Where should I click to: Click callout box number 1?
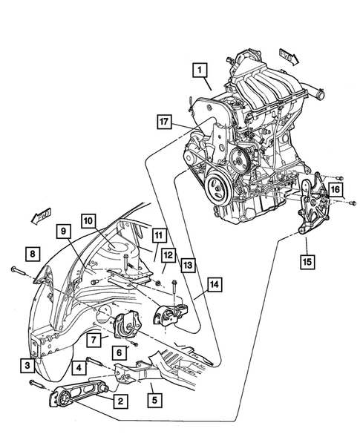(x=198, y=71)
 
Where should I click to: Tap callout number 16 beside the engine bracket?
(x=336, y=191)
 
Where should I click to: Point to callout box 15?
(x=307, y=260)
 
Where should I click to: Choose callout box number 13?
(x=188, y=264)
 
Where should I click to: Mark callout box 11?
(x=158, y=235)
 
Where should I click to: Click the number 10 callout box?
(x=88, y=221)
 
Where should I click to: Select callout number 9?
(x=65, y=232)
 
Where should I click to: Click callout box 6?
(x=118, y=352)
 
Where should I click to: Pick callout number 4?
(x=76, y=367)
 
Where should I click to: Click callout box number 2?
(x=118, y=401)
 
